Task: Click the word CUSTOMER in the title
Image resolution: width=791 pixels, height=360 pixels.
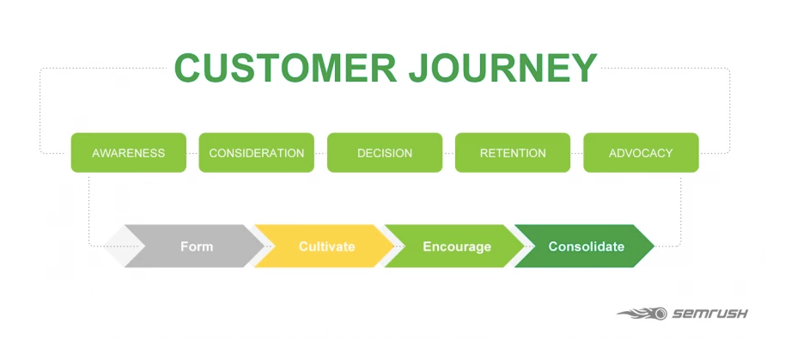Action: (x=285, y=68)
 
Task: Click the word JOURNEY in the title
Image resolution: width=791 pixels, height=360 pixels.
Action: (x=503, y=68)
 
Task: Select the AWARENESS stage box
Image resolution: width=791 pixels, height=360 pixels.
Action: (x=129, y=152)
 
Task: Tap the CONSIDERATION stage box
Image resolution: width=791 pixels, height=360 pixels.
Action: (x=256, y=152)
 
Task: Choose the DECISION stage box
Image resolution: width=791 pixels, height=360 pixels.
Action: (x=385, y=152)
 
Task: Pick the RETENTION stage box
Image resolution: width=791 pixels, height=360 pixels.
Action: (x=513, y=152)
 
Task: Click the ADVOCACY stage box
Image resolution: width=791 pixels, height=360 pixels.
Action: (x=642, y=152)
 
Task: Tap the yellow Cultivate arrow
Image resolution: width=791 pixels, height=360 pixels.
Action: (x=325, y=247)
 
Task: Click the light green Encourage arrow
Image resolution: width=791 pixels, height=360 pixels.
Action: (x=454, y=247)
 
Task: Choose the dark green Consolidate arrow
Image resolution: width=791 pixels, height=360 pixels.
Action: (x=584, y=247)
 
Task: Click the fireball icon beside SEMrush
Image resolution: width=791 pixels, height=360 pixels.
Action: (x=642, y=314)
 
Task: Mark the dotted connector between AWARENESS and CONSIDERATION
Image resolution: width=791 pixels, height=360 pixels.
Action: (x=192, y=153)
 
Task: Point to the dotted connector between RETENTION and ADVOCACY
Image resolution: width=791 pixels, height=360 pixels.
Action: (x=577, y=153)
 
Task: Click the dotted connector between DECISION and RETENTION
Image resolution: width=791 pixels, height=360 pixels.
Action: (x=449, y=153)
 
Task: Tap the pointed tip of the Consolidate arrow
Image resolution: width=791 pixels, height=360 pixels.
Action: (x=654, y=247)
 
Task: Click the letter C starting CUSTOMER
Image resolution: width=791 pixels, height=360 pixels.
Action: (x=187, y=68)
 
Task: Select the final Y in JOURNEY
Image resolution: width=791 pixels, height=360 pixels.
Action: (x=584, y=68)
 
